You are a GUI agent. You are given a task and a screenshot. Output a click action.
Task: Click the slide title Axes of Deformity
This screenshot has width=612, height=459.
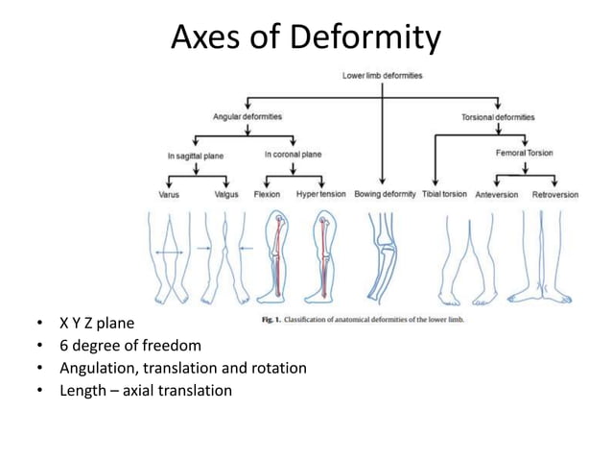pos(306,37)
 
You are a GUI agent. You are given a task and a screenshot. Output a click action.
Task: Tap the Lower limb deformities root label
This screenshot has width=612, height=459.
pos(383,75)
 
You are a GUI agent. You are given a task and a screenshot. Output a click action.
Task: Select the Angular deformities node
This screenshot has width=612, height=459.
pos(247,116)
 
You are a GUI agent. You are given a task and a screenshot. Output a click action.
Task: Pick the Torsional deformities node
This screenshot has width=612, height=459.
pos(499,116)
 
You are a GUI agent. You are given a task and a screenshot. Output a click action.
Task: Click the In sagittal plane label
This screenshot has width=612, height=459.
pos(196,154)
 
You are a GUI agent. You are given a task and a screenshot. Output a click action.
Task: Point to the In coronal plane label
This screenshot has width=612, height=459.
pos(293,154)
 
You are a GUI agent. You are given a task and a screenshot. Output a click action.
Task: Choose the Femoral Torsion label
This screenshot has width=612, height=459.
pos(524,153)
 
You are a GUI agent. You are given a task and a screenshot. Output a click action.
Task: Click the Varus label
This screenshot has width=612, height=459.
pos(169,194)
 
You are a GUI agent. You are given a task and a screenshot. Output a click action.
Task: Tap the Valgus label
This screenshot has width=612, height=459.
pos(226,194)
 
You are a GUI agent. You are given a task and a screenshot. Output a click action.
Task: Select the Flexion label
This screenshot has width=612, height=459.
pos(267,194)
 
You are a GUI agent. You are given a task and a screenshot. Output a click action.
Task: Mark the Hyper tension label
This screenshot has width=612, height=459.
pos(321,194)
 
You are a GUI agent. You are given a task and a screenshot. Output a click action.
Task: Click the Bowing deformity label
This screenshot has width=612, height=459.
pos(384,194)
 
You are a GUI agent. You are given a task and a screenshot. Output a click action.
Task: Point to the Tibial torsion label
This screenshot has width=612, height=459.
pos(444,194)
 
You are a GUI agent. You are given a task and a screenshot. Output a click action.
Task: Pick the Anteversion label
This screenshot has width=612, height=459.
pos(497,194)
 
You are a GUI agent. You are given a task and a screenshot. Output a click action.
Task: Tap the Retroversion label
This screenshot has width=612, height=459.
pos(555,194)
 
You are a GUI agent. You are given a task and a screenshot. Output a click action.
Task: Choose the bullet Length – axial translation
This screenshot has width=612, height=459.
pos(145,389)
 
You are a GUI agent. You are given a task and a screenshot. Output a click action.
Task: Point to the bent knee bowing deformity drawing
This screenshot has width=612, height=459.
pos(384,254)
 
